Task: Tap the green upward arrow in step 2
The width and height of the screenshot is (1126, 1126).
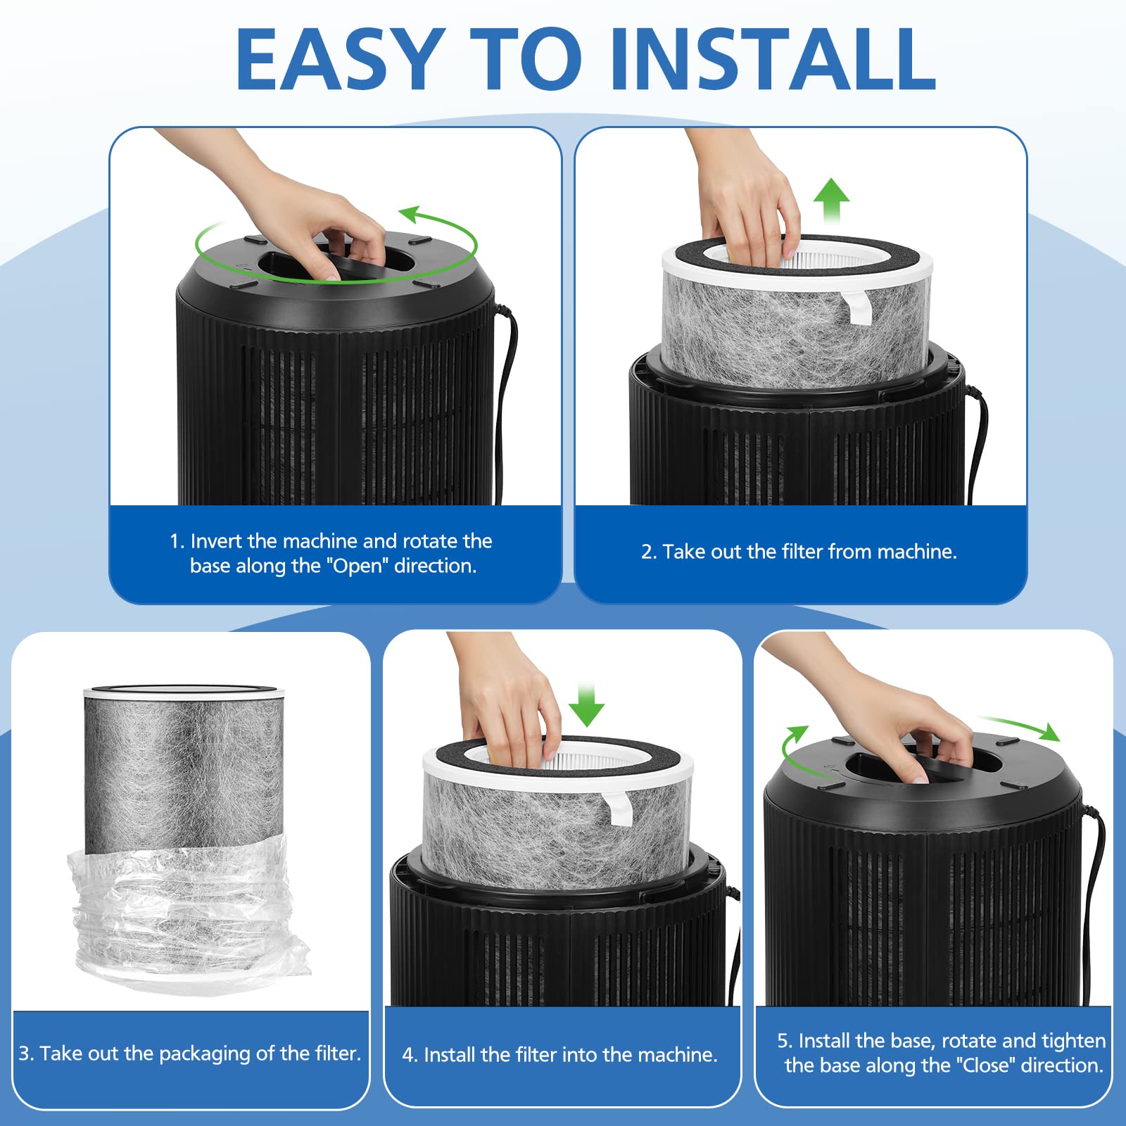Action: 831,201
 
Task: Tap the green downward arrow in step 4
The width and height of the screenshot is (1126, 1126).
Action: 586,704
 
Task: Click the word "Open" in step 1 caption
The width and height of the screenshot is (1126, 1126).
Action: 357,566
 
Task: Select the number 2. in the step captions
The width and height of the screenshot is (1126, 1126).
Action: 648,552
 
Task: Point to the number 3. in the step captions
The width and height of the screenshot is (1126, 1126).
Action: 26,1054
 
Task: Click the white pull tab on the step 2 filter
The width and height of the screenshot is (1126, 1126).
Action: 857,306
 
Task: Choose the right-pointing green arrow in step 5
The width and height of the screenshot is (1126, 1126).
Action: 1020,728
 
